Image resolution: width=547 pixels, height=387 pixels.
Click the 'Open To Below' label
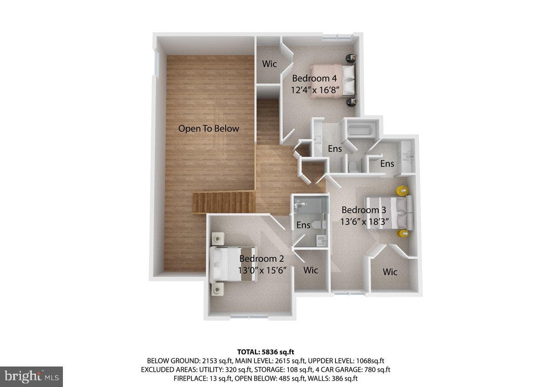pos(209,128)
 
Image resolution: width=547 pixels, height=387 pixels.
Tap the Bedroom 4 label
pos(315,78)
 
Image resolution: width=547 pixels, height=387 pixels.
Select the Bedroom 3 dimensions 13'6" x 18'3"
pos(364,222)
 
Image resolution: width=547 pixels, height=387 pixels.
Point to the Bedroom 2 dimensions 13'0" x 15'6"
pos(262,270)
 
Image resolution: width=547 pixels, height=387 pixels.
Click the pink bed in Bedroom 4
pos(333,81)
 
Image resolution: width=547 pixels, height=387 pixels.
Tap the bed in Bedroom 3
pos(389,213)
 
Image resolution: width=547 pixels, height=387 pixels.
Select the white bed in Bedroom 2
pos(233,264)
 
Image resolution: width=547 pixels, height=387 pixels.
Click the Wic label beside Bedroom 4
pos(269,64)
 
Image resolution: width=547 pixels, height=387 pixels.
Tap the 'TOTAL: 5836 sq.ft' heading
pos(266,352)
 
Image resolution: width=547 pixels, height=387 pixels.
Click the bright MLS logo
pos(31,377)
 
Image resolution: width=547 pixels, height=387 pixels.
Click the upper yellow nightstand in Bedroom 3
pos(402,190)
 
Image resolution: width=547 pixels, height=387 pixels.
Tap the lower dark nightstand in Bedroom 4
pos(351,102)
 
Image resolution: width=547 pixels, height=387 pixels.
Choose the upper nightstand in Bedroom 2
pos(218,239)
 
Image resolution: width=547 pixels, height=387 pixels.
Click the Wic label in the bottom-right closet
pos(390,272)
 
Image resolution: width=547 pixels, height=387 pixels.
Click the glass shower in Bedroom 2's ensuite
pos(310,206)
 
